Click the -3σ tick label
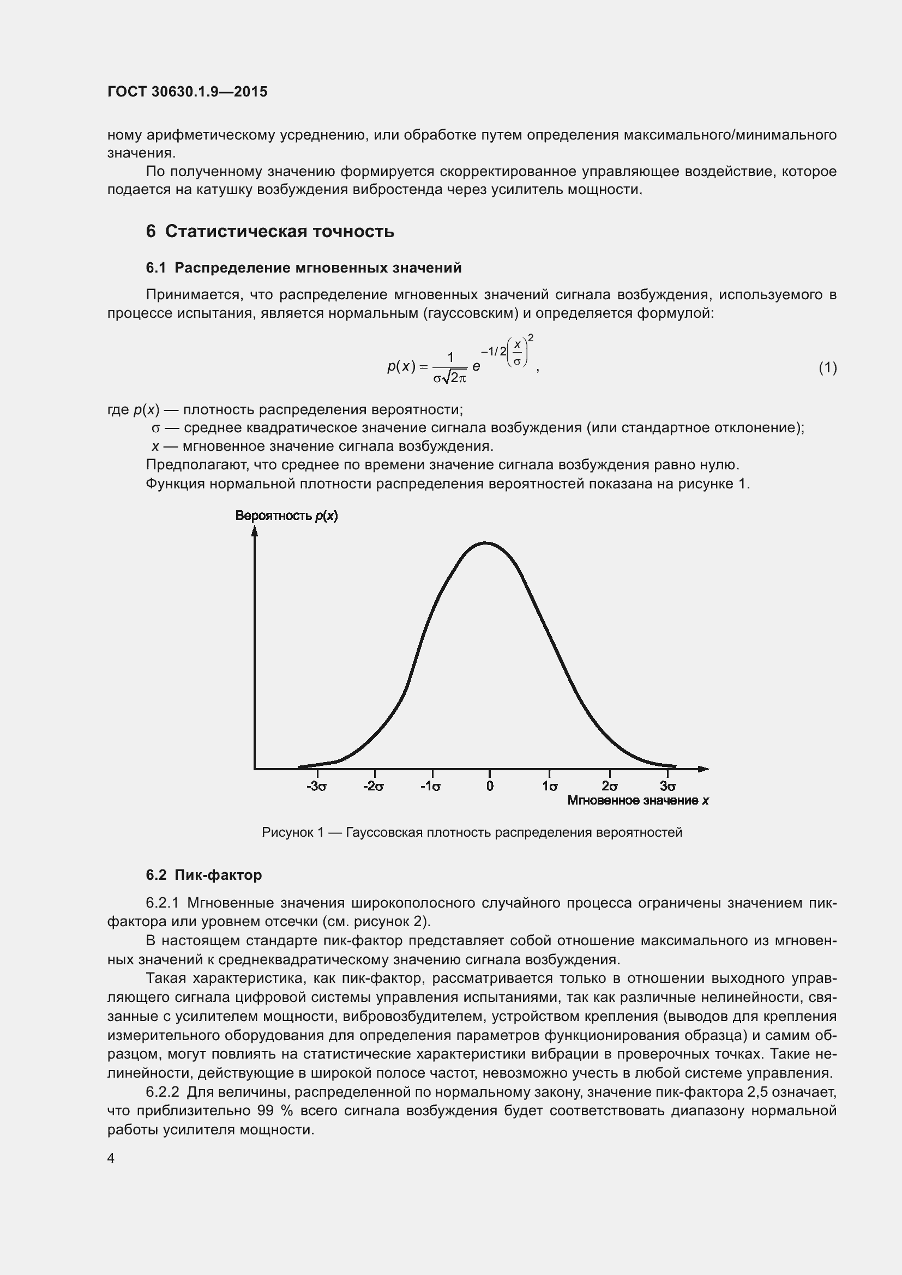click(317, 787)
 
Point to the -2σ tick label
click(374, 787)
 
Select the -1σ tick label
click(431, 787)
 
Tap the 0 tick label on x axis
click(490, 787)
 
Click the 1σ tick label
click(550, 787)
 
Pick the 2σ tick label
click(609, 787)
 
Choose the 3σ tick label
click(668, 787)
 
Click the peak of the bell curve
click(485, 543)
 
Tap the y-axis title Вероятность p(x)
click(287, 516)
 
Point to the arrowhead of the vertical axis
click(255, 531)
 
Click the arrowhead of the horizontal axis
click(703, 769)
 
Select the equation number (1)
click(828, 367)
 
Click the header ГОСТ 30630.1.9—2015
click(187, 92)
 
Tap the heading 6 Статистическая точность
click(270, 232)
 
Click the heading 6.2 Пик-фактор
click(204, 875)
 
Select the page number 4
click(111, 1158)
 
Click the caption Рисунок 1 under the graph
click(472, 832)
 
